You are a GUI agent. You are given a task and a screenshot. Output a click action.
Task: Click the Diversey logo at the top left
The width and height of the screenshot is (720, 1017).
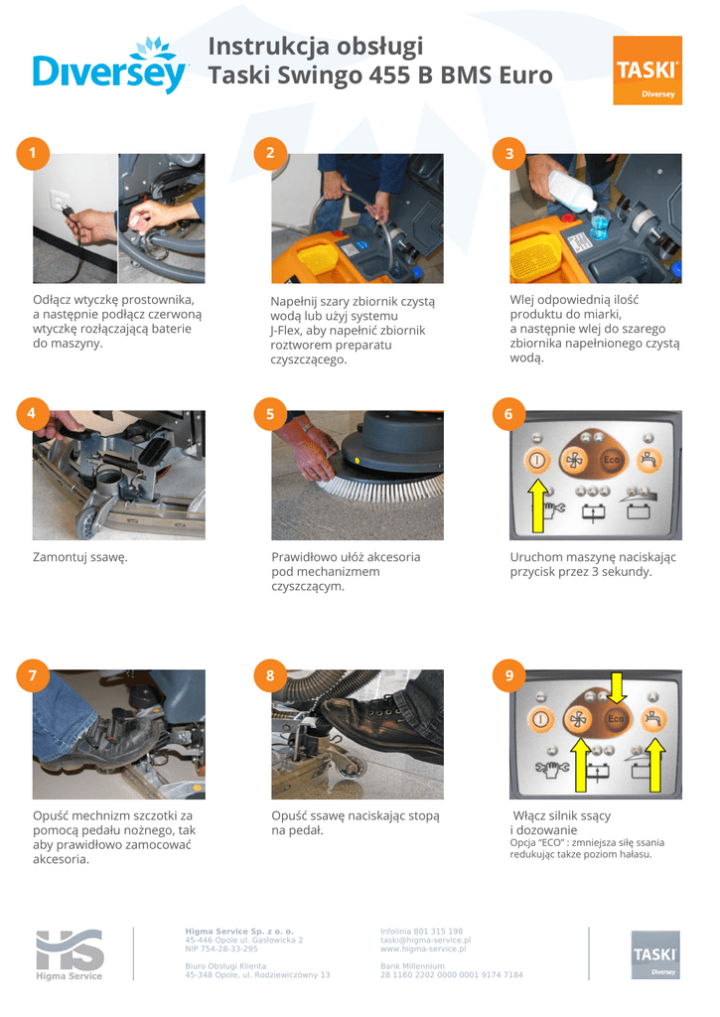[110, 67]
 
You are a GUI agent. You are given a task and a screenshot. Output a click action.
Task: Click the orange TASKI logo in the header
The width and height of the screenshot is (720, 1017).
[648, 71]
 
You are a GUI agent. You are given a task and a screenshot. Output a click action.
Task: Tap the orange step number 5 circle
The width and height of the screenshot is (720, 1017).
[270, 414]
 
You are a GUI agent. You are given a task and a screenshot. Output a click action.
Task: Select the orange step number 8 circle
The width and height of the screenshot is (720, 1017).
[270, 675]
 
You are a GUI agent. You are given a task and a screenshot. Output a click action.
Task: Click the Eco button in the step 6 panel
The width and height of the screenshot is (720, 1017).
[612, 460]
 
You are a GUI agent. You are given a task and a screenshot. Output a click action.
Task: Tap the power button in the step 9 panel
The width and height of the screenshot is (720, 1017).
[540, 719]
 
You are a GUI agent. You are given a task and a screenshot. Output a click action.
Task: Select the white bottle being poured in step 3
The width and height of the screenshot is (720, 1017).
[571, 189]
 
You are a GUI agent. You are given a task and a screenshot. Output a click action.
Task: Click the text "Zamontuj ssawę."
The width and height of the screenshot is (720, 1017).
[80, 557]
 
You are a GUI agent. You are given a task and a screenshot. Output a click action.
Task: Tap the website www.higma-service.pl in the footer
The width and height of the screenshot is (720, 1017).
[423, 948]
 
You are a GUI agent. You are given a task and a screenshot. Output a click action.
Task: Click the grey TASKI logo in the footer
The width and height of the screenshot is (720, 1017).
[655, 954]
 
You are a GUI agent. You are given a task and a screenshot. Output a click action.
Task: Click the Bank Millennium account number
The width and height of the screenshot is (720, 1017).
[452, 975]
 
